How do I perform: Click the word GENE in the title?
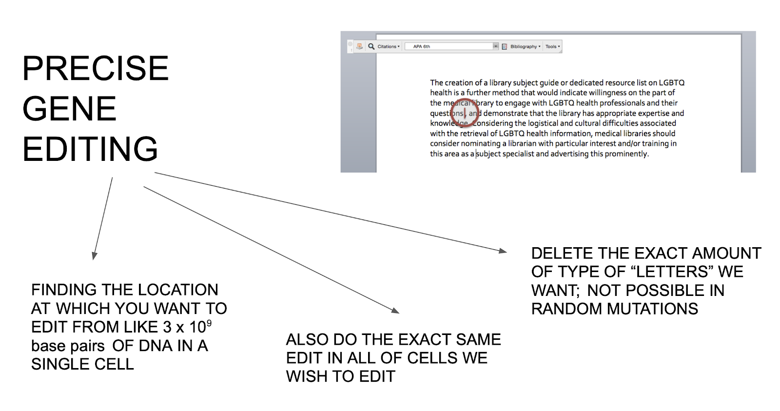[x=69, y=109]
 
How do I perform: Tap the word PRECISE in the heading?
[x=96, y=68]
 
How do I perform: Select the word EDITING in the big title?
[x=90, y=149]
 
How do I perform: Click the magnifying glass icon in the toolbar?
[x=371, y=46]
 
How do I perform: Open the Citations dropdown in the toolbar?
[x=389, y=47]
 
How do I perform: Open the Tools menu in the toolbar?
[x=552, y=47]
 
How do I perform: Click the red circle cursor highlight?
[x=465, y=113]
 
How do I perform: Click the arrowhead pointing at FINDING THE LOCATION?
[x=95, y=255]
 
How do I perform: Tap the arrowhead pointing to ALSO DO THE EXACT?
[x=395, y=311]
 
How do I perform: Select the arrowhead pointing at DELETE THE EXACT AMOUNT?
[x=503, y=251]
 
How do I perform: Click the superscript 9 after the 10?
[x=209, y=322]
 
